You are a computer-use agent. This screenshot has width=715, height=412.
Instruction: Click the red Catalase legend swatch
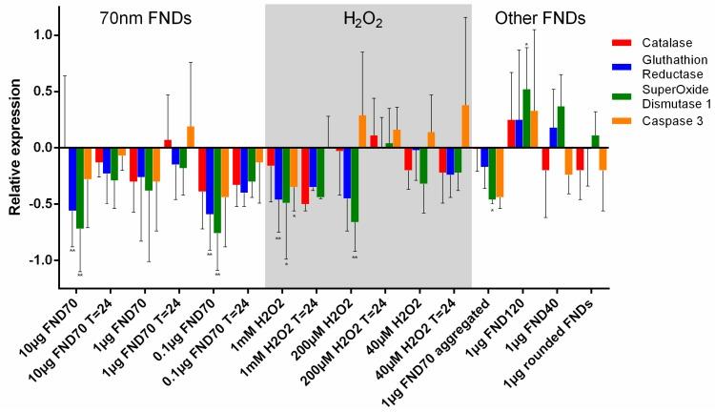pos(620,42)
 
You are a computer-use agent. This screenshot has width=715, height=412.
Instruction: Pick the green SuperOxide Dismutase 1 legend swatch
pos(620,95)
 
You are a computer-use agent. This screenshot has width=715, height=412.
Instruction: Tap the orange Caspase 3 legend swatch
pos(620,119)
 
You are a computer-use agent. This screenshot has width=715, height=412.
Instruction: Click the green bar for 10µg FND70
pos(80,188)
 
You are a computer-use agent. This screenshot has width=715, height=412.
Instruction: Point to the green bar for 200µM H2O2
pos(355,185)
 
